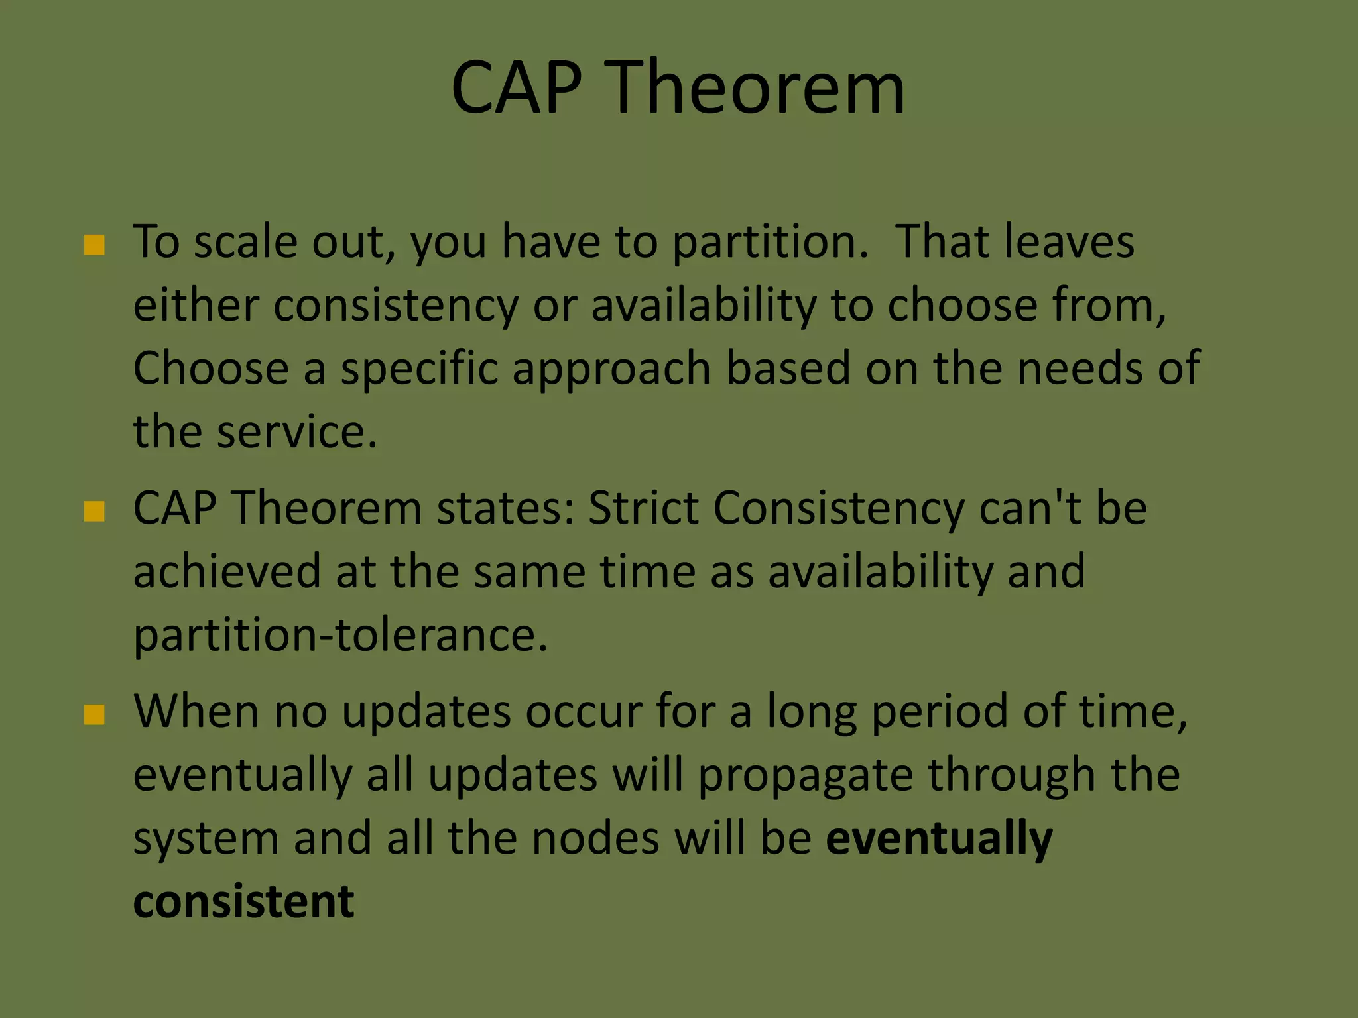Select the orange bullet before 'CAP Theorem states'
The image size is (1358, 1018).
[94, 511]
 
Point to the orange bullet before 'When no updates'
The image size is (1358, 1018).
[94, 714]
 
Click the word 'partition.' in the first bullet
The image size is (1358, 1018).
[770, 243]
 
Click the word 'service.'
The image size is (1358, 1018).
[296, 432]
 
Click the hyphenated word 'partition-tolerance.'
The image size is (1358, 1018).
[340, 635]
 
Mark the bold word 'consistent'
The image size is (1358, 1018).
[243, 902]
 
